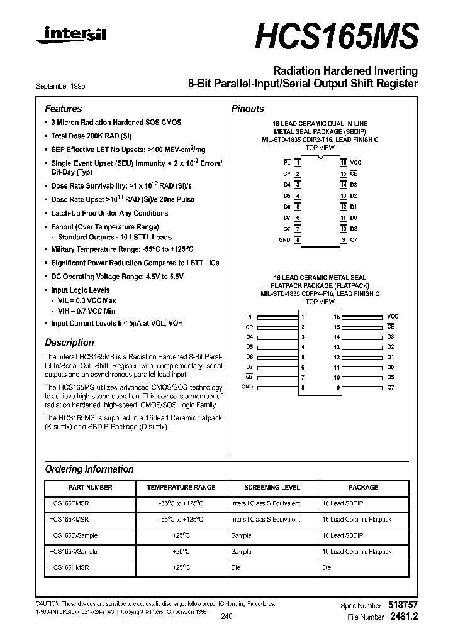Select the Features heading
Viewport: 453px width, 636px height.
pos(63,109)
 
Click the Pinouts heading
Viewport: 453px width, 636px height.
pos(247,109)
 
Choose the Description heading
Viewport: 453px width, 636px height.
pos(69,343)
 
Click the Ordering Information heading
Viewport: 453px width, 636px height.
pos(89,469)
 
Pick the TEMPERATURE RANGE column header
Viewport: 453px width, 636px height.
pos(181,487)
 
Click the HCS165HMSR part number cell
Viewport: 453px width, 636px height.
pos(68,567)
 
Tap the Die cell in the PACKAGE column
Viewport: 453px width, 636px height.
pos(327,567)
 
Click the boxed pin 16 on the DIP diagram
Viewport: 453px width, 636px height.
pos(344,162)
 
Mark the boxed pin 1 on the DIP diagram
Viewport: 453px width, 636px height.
pos(298,162)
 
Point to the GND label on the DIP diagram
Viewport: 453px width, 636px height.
pos(284,239)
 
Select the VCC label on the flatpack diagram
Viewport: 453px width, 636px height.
pos(393,317)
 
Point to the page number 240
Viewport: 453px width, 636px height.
pos(226,617)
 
